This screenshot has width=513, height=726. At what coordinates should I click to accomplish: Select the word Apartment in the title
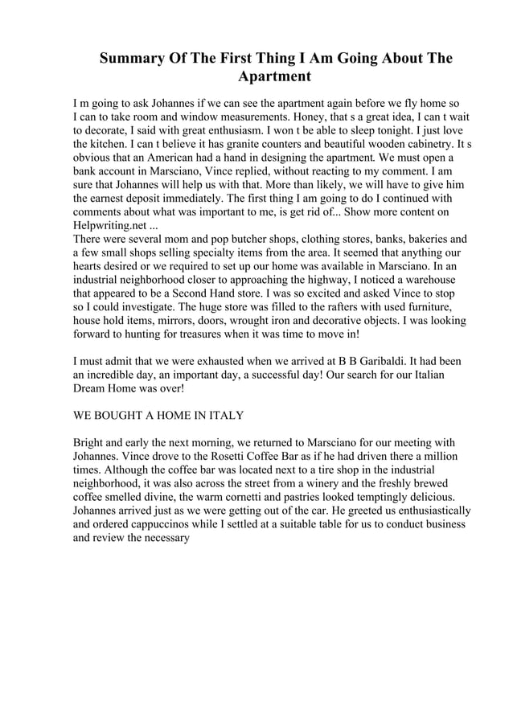tap(273, 78)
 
